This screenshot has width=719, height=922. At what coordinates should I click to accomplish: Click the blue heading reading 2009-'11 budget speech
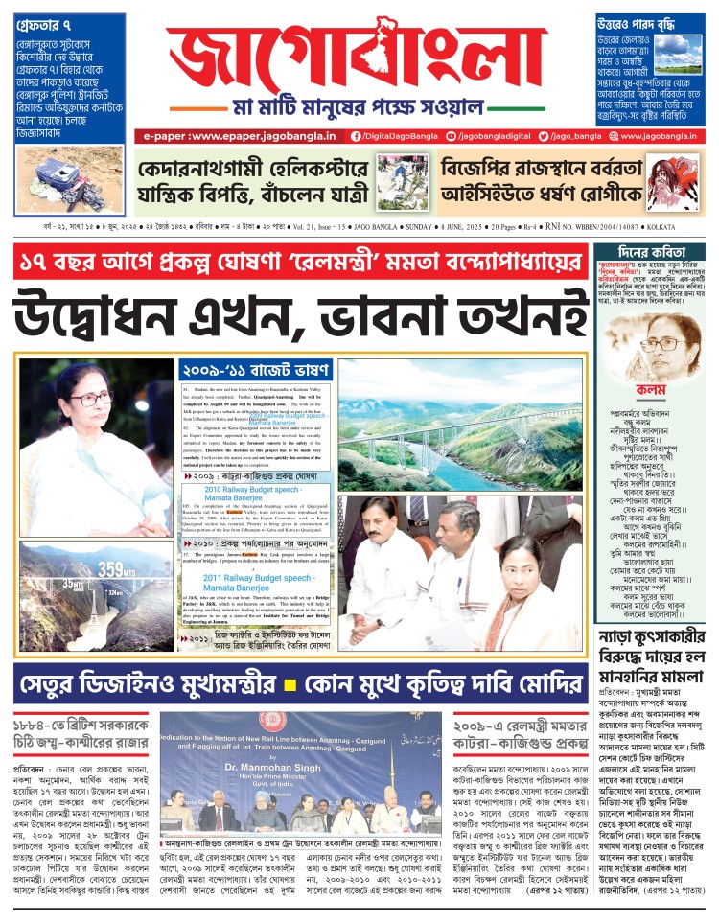[256, 369]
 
